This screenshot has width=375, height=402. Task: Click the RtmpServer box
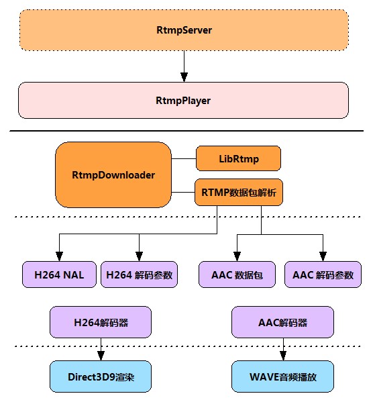click(x=184, y=30)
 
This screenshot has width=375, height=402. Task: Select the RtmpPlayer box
click(x=183, y=100)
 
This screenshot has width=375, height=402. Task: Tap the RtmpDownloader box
click(x=113, y=175)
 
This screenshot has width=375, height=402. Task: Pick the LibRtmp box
click(x=238, y=158)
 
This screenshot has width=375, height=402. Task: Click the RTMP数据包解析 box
click(x=239, y=193)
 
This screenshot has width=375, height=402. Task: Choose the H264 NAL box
click(x=59, y=274)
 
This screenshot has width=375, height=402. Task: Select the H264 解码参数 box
click(x=139, y=274)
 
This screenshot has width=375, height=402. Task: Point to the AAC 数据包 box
click(x=237, y=274)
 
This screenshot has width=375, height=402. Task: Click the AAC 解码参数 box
click(x=323, y=274)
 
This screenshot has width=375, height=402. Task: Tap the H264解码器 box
click(x=101, y=322)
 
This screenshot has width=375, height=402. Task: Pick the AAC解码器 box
click(x=282, y=322)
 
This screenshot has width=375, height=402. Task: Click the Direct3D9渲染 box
click(x=101, y=376)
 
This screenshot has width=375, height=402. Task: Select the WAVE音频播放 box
click(x=282, y=376)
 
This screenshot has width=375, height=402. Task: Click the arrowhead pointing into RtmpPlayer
click(x=184, y=77)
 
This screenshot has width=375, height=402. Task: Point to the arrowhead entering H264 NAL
click(x=59, y=256)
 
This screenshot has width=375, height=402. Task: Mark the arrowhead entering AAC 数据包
click(x=237, y=256)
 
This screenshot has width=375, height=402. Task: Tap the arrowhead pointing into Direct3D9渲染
click(x=101, y=356)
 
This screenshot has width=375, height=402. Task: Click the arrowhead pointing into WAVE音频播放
click(x=283, y=356)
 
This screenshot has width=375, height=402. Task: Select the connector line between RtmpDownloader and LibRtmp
click(x=184, y=158)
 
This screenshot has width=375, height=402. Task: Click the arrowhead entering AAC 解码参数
click(x=323, y=256)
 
